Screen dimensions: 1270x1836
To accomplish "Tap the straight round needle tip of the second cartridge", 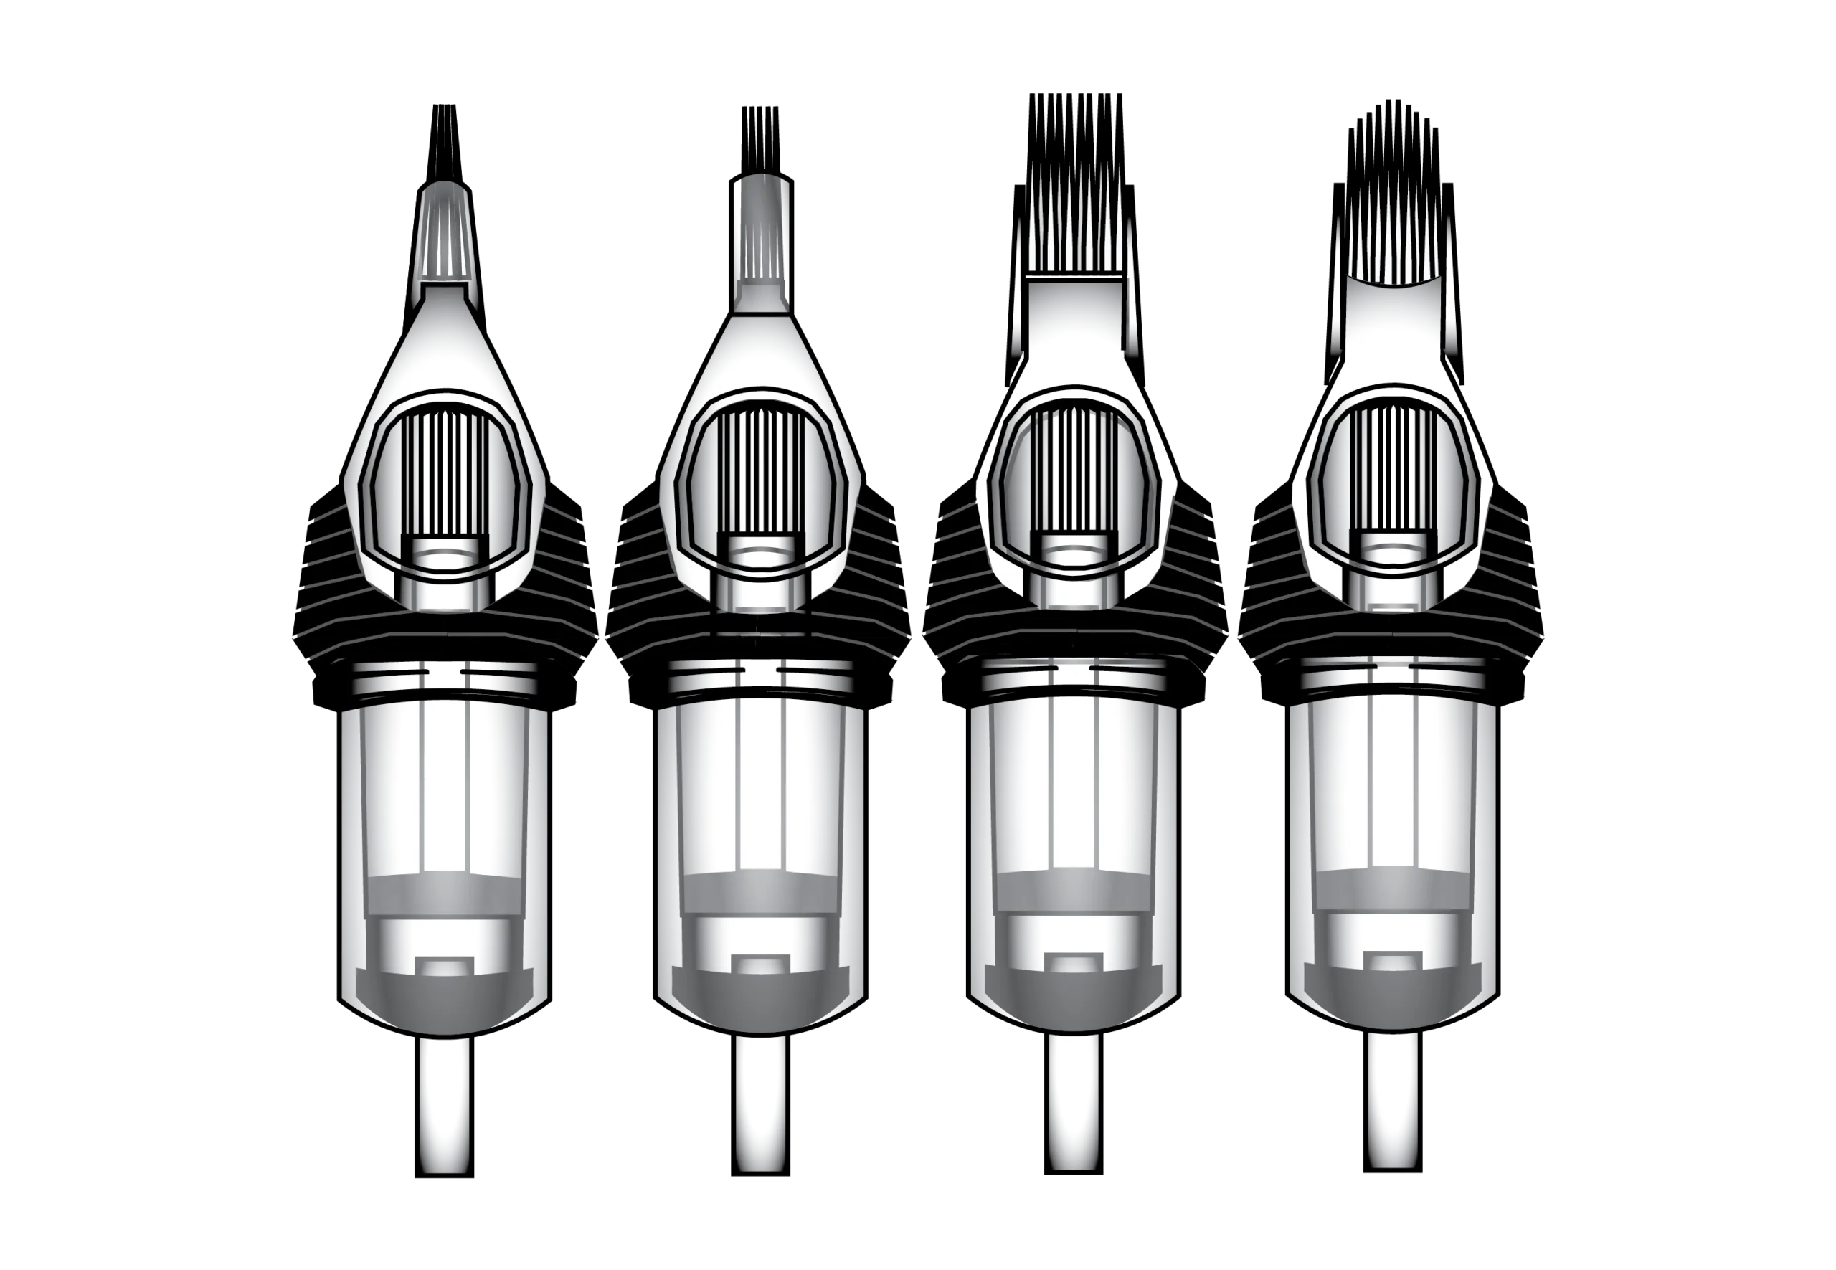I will (761, 239).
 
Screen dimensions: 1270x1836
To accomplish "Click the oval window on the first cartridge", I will (444, 485).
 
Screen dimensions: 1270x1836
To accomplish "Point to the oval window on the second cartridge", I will (760, 485).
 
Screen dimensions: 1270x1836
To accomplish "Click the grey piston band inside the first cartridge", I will (444, 896).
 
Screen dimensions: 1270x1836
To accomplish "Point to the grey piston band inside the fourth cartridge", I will (1393, 886).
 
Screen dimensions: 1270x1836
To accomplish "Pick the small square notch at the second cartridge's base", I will (761, 965).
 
